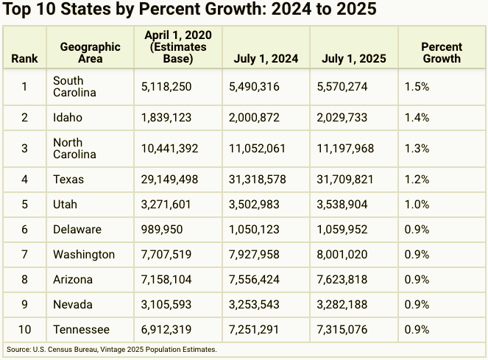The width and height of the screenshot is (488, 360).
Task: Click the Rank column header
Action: pos(24,59)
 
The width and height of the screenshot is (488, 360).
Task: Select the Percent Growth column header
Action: pos(442,52)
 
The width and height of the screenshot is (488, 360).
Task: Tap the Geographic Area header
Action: pos(90,52)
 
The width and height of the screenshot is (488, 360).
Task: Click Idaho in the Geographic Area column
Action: pos(68,118)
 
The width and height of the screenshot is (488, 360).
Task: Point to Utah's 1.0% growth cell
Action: pos(417,205)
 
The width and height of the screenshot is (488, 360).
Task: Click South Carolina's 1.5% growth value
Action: pos(417,87)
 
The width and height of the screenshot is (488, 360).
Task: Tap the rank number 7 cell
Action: pos(24,255)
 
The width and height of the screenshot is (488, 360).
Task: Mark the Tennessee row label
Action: pos(81,330)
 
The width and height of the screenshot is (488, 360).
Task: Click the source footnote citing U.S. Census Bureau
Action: pos(112,349)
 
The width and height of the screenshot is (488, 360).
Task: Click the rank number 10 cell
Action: pos(24,330)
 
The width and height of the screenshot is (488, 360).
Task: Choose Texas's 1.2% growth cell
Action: pos(417,180)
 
